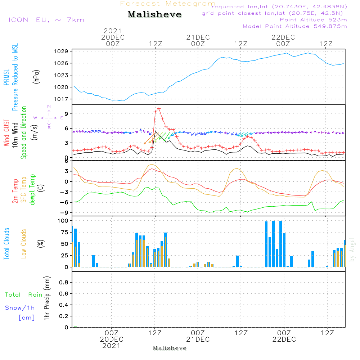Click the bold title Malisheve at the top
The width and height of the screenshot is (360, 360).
point(154,15)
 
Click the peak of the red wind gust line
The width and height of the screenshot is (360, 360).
point(159,108)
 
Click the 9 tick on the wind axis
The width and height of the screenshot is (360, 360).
point(66,114)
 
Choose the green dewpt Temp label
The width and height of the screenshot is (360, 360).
point(32,190)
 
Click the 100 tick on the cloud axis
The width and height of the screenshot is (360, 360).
point(63,221)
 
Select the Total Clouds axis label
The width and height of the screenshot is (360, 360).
point(6,244)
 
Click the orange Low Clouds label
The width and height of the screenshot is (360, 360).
point(24,244)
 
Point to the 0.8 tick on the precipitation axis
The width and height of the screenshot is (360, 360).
point(64,283)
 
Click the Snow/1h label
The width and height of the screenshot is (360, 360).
point(20,308)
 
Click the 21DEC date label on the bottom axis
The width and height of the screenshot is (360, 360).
point(198,339)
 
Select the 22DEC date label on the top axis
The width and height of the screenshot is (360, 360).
point(283,37)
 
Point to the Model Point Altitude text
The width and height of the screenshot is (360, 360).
point(294,26)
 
